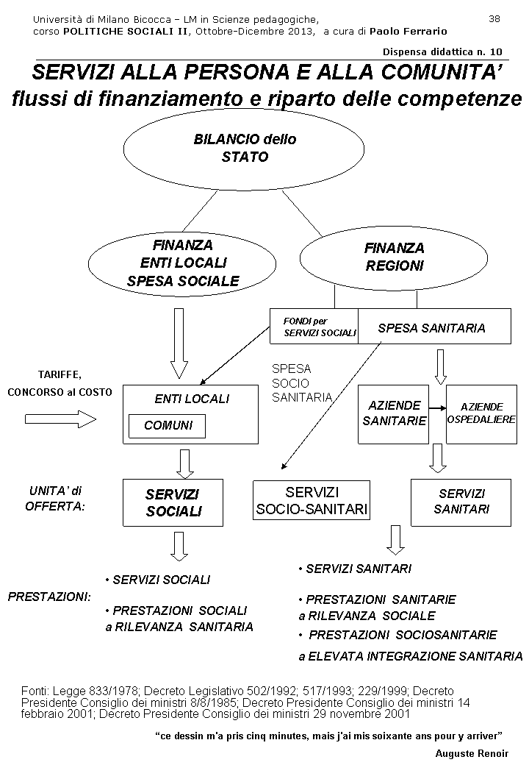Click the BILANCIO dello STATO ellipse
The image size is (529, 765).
(x=244, y=148)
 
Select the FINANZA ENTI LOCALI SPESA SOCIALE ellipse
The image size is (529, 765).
(x=183, y=263)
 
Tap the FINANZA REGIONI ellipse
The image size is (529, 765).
(x=394, y=257)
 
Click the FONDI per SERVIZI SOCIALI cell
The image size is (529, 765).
(x=314, y=327)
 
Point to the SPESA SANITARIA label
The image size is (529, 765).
(x=432, y=328)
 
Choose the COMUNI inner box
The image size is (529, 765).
(x=168, y=426)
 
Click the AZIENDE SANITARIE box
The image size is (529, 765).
(x=394, y=413)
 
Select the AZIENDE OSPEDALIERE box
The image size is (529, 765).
(x=481, y=413)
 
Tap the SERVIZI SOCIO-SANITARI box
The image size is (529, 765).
(x=312, y=500)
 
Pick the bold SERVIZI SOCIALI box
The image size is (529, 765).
(x=173, y=503)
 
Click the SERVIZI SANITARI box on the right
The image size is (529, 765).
(x=461, y=502)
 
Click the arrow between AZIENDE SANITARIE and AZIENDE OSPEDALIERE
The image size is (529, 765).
(x=437, y=407)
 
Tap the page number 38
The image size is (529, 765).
(x=494, y=18)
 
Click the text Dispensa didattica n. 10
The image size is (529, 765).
(x=442, y=51)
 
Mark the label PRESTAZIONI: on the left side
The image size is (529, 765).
(x=49, y=597)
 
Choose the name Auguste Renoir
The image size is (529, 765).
(x=472, y=754)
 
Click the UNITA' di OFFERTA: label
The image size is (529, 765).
(x=55, y=498)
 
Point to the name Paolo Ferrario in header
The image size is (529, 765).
(x=408, y=32)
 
